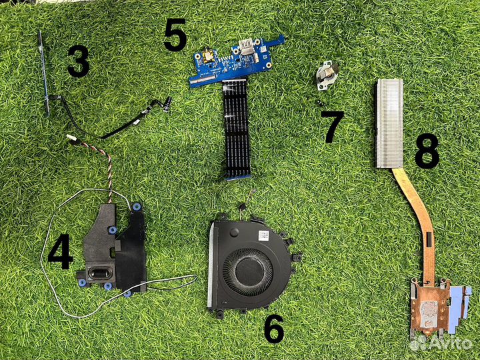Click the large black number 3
tap(79, 61)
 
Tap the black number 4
tap(60, 251)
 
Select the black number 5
tap(175, 34)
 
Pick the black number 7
tap(332, 127)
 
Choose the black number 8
tap(427, 151)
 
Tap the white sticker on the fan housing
tap(263, 236)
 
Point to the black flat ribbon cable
tap(235, 129)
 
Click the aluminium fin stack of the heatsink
tap(389, 124)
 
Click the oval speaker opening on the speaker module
tap(99, 273)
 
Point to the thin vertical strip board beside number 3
tap(44, 73)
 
